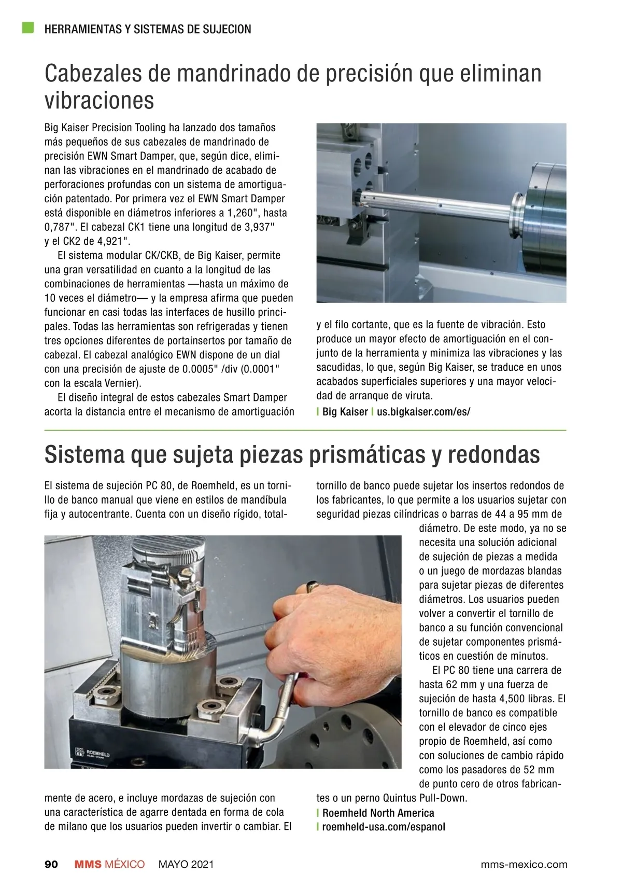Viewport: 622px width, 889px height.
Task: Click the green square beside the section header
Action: [28, 27]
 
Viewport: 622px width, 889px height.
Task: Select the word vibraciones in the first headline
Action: [99, 101]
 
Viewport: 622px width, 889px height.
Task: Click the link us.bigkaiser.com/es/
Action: [423, 411]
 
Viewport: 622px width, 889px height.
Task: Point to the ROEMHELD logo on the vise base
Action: [93, 753]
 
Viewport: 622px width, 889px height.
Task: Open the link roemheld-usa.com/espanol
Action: [384, 827]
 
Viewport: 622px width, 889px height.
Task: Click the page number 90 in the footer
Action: [51, 864]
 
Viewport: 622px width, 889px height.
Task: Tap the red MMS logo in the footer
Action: [88, 864]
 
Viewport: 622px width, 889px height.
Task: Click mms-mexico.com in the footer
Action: [524, 865]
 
